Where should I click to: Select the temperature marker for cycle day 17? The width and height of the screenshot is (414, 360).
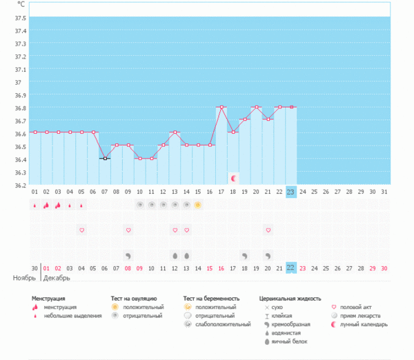click(221, 107)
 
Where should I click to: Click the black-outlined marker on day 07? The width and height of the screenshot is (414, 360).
click(104, 159)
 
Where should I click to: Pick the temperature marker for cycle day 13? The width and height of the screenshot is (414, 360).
click(175, 132)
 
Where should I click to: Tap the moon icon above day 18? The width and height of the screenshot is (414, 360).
click(233, 178)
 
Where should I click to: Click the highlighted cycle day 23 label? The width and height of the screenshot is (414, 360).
click(291, 192)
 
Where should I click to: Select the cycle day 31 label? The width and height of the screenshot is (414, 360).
click(384, 192)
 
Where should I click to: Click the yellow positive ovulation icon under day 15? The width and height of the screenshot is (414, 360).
click(198, 205)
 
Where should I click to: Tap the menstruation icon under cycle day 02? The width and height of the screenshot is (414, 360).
click(46, 205)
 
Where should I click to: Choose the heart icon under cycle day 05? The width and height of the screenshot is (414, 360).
click(81, 230)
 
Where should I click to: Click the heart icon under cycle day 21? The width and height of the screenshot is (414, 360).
click(268, 230)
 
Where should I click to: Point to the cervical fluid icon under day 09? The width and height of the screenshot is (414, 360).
click(128, 255)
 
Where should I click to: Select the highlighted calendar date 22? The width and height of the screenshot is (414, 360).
click(291, 268)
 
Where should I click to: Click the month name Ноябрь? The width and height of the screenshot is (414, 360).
click(25, 279)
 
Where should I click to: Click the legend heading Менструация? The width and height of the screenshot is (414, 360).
click(49, 299)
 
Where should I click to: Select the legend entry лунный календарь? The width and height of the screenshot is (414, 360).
click(366, 324)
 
